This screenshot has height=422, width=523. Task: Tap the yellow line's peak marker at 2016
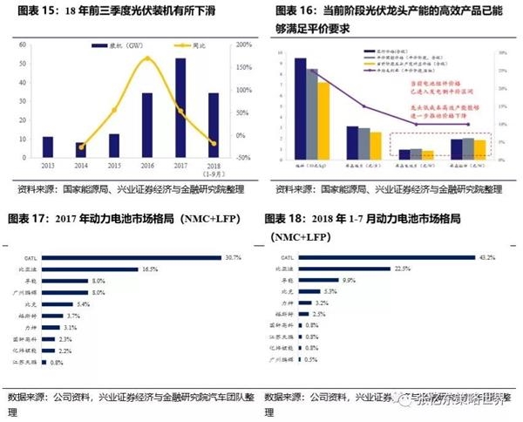tap(147, 59)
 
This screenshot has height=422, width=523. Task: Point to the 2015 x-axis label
tap(114, 165)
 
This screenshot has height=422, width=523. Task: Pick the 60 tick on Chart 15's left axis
tap(26, 43)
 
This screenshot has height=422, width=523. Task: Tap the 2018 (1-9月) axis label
tap(214, 167)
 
